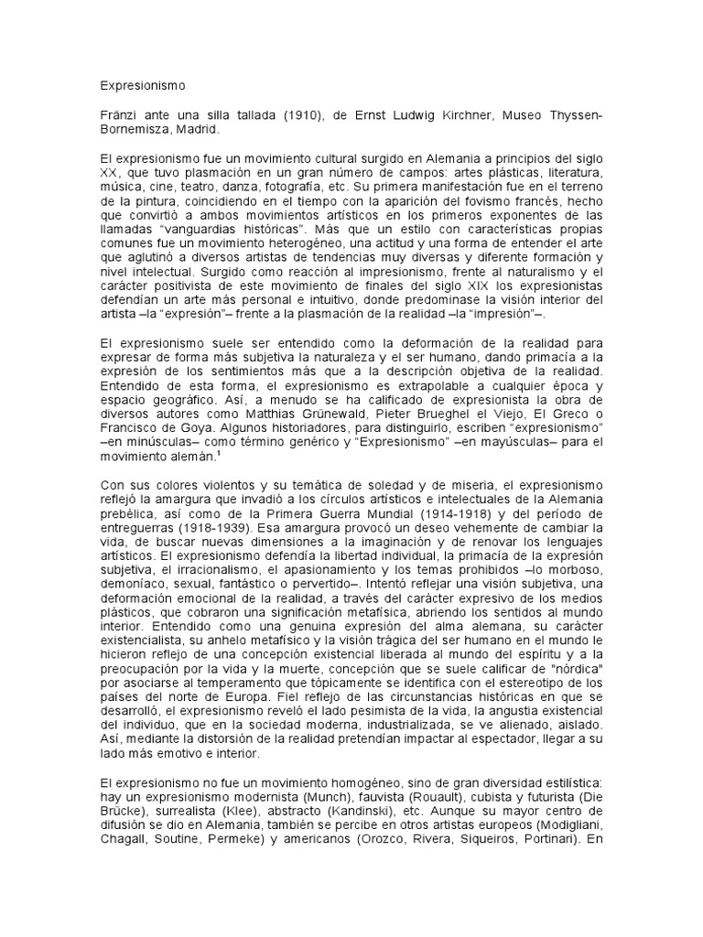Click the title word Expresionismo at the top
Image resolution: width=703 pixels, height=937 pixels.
click(142, 86)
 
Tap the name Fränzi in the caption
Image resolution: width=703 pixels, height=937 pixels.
click(120, 115)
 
